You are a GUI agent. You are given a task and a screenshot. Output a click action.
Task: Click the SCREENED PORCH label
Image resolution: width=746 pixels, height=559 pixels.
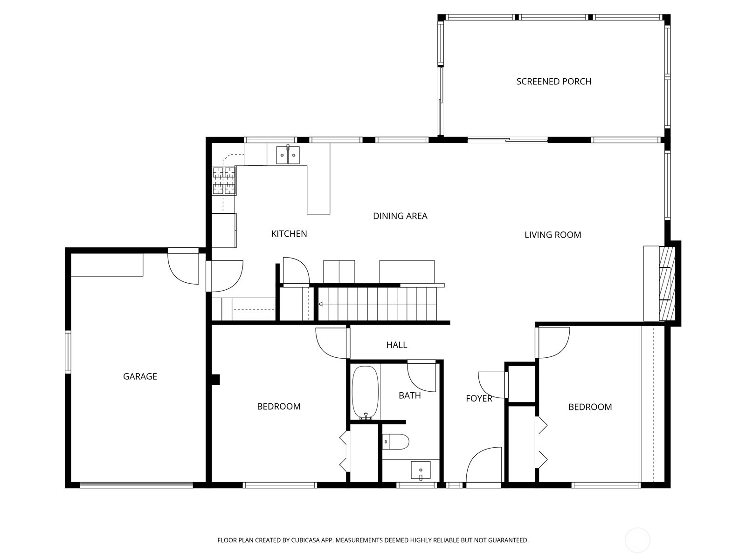[553, 82]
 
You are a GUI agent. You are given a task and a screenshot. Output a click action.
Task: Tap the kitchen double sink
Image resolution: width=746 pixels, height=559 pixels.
[288, 155]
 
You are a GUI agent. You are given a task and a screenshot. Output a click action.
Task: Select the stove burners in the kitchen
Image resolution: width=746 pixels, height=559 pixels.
[224, 180]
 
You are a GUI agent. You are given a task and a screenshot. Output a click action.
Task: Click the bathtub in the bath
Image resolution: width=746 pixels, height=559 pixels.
[365, 393]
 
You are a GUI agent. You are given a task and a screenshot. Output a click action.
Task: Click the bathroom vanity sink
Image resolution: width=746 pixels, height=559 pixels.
[421, 470]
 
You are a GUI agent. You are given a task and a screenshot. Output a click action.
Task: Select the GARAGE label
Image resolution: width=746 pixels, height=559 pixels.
[140, 376]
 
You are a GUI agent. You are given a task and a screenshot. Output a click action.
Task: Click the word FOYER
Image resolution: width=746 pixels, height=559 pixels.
[479, 398]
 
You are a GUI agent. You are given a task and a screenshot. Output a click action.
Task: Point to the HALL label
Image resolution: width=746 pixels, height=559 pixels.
[396, 345]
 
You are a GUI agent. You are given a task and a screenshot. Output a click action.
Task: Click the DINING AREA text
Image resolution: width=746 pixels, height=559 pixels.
[400, 216]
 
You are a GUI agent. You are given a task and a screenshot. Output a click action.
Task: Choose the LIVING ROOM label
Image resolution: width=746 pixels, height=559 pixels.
[553, 235]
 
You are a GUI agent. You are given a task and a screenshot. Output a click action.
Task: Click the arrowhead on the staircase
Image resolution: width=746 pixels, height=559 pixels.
[321, 305]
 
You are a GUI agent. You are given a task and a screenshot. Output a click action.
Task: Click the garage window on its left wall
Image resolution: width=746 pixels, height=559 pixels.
[68, 352]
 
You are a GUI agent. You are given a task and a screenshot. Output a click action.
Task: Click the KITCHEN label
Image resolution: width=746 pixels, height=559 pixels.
[289, 234]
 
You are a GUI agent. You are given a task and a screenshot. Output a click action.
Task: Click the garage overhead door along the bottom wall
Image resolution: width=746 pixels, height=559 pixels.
[136, 485]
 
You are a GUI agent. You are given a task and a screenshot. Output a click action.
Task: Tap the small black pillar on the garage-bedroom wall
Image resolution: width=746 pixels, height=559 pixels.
[215, 380]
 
